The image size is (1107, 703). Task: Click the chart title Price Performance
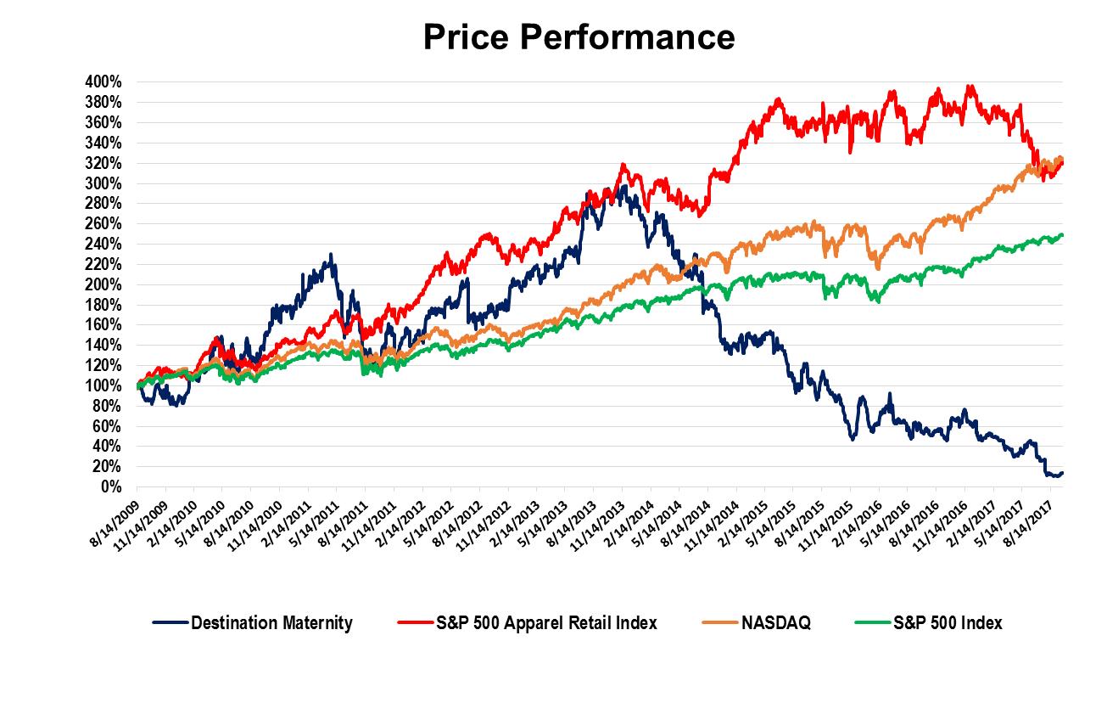pos(579,37)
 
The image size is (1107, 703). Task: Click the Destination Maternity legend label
pos(271,623)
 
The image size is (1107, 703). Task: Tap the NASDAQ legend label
pos(775,623)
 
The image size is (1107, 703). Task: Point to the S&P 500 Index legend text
pos(948,623)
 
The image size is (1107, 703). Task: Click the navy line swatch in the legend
pos(170,623)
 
